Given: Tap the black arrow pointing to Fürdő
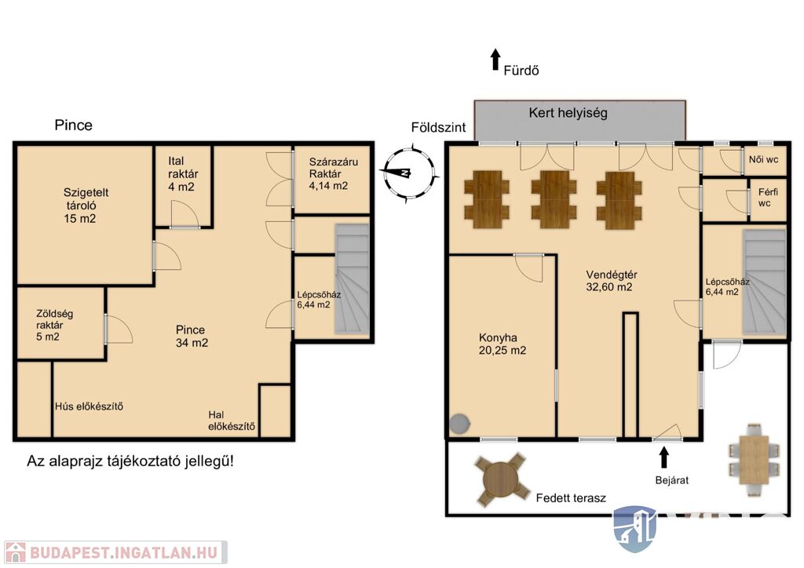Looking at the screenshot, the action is tap(495, 60).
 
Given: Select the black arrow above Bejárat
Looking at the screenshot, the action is tap(664, 458).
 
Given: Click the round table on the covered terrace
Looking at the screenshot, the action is tap(502, 480).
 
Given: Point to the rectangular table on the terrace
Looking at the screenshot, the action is tap(754, 460).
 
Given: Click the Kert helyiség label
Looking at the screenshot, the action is tap(568, 113).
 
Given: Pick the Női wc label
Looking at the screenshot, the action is tap(763, 159).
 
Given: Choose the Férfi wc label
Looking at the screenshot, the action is tap(768, 198).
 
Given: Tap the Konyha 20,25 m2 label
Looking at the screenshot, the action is tap(502, 344).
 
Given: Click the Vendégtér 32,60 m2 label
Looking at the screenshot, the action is tap(611, 281).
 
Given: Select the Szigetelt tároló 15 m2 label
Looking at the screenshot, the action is tap(86, 206).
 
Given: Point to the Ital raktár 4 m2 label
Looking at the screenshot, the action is tap(182, 174).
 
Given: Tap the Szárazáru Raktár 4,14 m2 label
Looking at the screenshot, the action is tap(333, 173).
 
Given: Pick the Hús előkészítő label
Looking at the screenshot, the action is tap(89, 406).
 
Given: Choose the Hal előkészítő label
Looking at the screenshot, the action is tap(232, 421).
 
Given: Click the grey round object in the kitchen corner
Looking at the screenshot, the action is tap(459, 424).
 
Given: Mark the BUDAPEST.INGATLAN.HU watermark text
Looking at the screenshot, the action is tap(123, 552).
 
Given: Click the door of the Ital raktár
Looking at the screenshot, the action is tap(184, 214).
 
